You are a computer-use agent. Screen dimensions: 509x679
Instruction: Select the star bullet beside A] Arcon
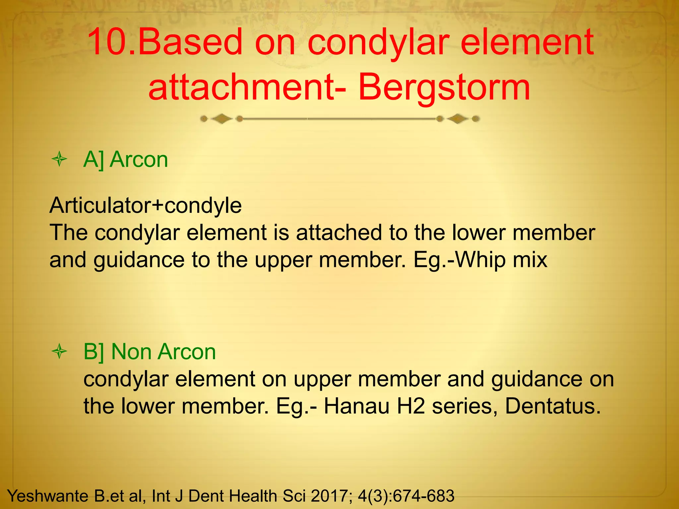click(x=60, y=160)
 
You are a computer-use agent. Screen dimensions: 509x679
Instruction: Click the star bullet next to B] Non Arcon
click(x=60, y=352)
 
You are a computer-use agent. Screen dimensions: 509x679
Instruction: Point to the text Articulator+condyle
click(x=146, y=205)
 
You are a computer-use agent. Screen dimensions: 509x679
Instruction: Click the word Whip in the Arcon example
click(x=480, y=260)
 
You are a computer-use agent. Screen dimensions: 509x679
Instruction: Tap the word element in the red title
click(x=527, y=42)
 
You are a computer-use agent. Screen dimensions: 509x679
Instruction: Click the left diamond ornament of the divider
click(x=221, y=119)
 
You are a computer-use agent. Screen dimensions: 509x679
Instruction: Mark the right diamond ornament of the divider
click(x=458, y=119)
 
